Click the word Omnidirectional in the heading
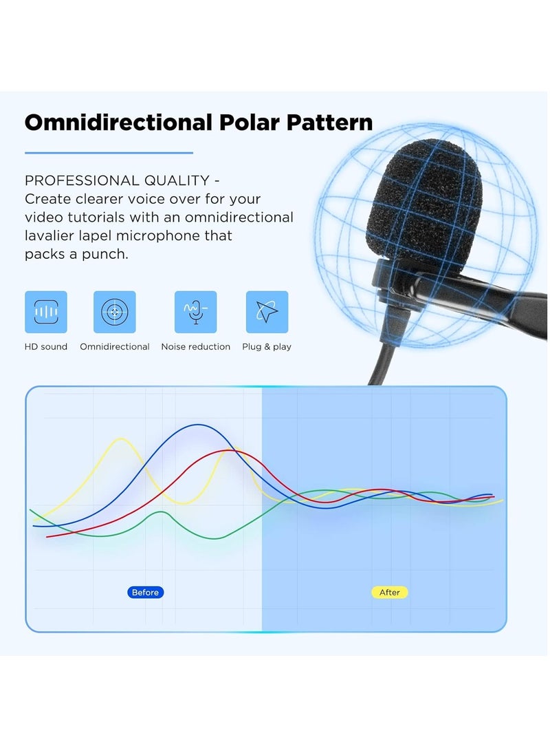[x=118, y=123]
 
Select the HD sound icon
[x=46, y=312]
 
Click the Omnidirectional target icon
[x=115, y=312]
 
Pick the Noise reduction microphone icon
[x=195, y=312]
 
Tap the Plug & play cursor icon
[x=267, y=312]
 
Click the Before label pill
[x=145, y=592]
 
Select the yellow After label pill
[x=390, y=592]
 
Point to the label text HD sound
[x=46, y=347]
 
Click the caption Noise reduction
[x=195, y=347]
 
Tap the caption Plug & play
[x=267, y=347]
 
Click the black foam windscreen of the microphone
[x=425, y=207]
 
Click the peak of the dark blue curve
[x=198, y=425]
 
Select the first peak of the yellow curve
[x=122, y=439]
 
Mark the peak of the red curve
[x=228, y=450]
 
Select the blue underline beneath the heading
[x=109, y=153]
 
